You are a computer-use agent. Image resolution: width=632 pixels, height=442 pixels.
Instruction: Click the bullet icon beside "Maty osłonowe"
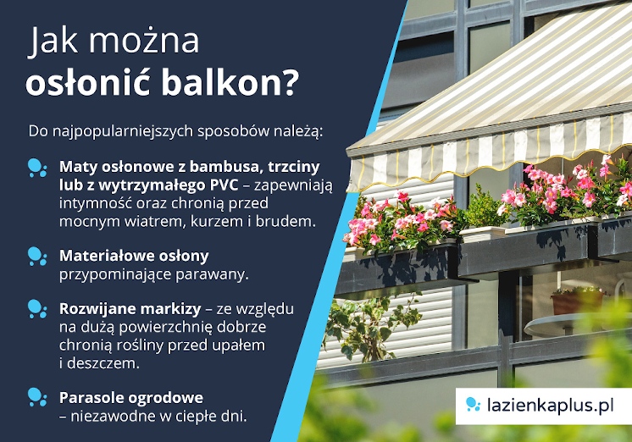coord(36,167)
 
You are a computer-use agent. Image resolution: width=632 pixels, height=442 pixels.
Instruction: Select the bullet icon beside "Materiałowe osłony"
coord(36,256)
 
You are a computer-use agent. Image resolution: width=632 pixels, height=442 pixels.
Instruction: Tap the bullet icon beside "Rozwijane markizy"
coord(36,309)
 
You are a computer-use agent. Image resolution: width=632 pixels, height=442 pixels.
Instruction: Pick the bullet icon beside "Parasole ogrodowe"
coord(36,397)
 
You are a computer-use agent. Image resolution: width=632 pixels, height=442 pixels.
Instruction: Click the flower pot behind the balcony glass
coord(575,300)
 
